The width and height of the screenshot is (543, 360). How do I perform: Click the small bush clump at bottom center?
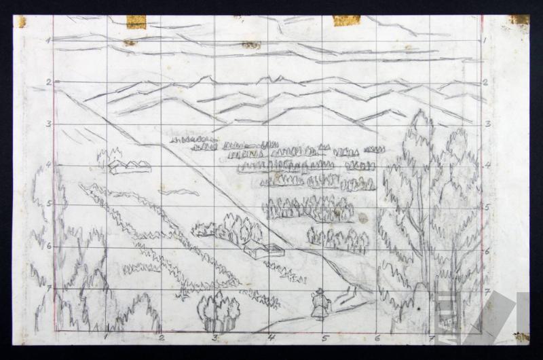click(218, 310)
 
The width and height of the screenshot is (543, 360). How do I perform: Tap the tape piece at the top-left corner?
click(20, 21)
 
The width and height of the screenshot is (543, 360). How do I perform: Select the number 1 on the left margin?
click(48, 40)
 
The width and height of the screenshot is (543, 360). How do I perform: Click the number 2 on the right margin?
click(489, 83)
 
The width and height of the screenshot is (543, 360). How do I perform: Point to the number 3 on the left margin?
click(48, 125)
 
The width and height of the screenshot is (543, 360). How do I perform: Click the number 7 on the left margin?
click(48, 288)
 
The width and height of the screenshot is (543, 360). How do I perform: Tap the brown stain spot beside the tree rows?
click(363, 219)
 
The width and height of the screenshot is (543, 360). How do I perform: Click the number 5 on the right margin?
click(489, 206)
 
